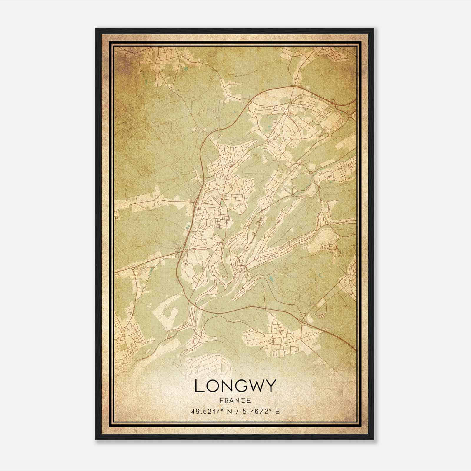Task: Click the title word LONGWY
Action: click(235, 386)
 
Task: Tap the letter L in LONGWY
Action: click(199, 386)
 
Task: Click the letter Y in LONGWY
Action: click(271, 386)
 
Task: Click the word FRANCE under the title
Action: click(235, 400)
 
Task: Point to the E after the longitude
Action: click(277, 411)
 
